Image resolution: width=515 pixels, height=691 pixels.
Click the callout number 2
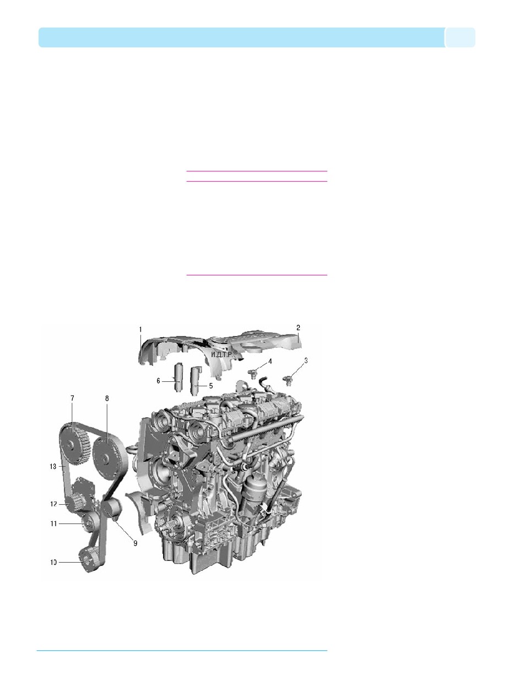[x=298, y=327]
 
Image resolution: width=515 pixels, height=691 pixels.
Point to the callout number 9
[x=135, y=542]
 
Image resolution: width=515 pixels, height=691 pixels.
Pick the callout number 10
[x=53, y=563]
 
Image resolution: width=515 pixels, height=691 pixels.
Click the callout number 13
[x=53, y=466]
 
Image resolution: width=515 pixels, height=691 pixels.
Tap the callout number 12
[x=53, y=504]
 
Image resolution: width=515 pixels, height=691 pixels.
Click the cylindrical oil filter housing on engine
[x=254, y=488]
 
